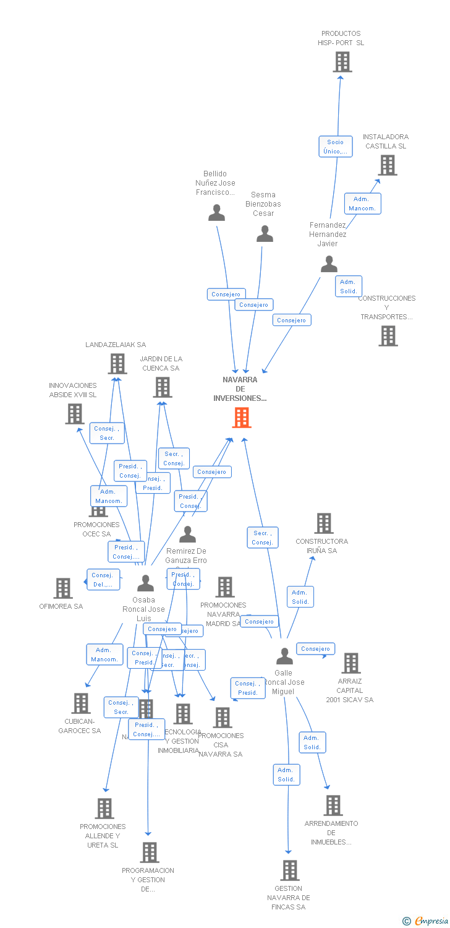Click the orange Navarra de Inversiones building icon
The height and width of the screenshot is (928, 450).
(242, 418)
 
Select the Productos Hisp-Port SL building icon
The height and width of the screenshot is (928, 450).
(342, 62)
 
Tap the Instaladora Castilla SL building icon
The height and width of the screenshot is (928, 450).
(388, 165)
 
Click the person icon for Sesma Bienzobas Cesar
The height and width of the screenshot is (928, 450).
(265, 234)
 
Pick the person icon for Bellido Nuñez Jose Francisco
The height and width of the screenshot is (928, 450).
(216, 213)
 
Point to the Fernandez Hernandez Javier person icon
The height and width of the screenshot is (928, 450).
(329, 265)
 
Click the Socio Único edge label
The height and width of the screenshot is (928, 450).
(336, 147)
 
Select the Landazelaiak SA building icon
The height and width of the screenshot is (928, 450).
(117, 364)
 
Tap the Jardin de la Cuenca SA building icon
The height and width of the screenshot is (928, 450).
(162, 387)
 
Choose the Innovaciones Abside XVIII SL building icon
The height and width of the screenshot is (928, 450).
(74, 414)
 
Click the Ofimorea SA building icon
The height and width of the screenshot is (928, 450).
(62, 588)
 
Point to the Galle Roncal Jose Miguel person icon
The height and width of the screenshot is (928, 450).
(284, 656)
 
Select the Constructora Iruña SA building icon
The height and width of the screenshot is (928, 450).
(323, 523)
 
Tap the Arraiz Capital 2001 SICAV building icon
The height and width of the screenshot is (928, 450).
(350, 663)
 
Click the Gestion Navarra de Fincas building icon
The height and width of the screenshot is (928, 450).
(289, 870)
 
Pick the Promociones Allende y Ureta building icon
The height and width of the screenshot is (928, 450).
(104, 808)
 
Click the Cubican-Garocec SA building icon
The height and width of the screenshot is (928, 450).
(80, 703)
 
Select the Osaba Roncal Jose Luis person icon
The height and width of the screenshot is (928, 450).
(145, 583)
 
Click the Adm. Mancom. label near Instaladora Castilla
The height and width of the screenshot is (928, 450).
(362, 204)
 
